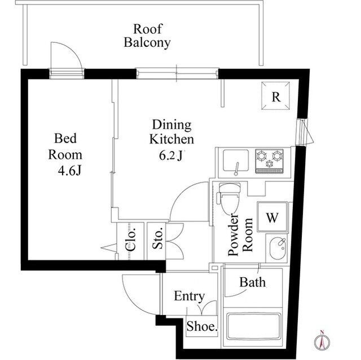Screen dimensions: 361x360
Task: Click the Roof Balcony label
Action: tap(147, 36)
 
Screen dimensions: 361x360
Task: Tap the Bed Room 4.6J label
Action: tap(65, 154)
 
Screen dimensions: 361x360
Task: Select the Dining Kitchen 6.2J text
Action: tap(171, 140)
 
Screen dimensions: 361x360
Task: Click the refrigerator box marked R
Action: tap(276, 96)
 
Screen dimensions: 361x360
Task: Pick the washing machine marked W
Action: tap(272, 216)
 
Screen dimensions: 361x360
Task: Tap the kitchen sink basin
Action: tap(236, 161)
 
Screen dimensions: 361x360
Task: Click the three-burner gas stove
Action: tap(270, 161)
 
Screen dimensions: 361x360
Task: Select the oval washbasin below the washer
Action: tap(278, 248)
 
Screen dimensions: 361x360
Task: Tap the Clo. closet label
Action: tap(130, 239)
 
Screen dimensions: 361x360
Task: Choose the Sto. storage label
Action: tap(158, 238)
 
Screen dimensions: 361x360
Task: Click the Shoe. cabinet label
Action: tap(202, 326)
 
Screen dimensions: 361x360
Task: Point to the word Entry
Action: tap(190, 296)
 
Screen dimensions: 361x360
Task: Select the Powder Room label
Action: tap(240, 234)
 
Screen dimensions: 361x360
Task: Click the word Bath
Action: tap(252, 282)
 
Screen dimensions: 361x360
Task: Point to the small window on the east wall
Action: tap(302, 132)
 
